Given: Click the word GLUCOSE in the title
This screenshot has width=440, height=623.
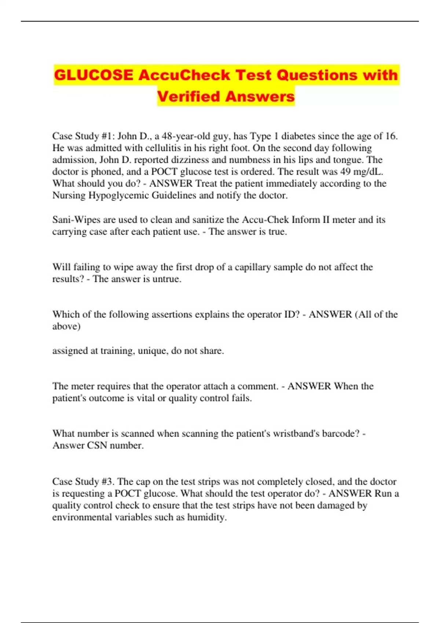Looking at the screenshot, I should (x=93, y=75).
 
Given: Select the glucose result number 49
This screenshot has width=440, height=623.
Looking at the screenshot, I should (x=346, y=172).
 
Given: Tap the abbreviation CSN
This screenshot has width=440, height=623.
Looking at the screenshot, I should (x=97, y=445).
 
